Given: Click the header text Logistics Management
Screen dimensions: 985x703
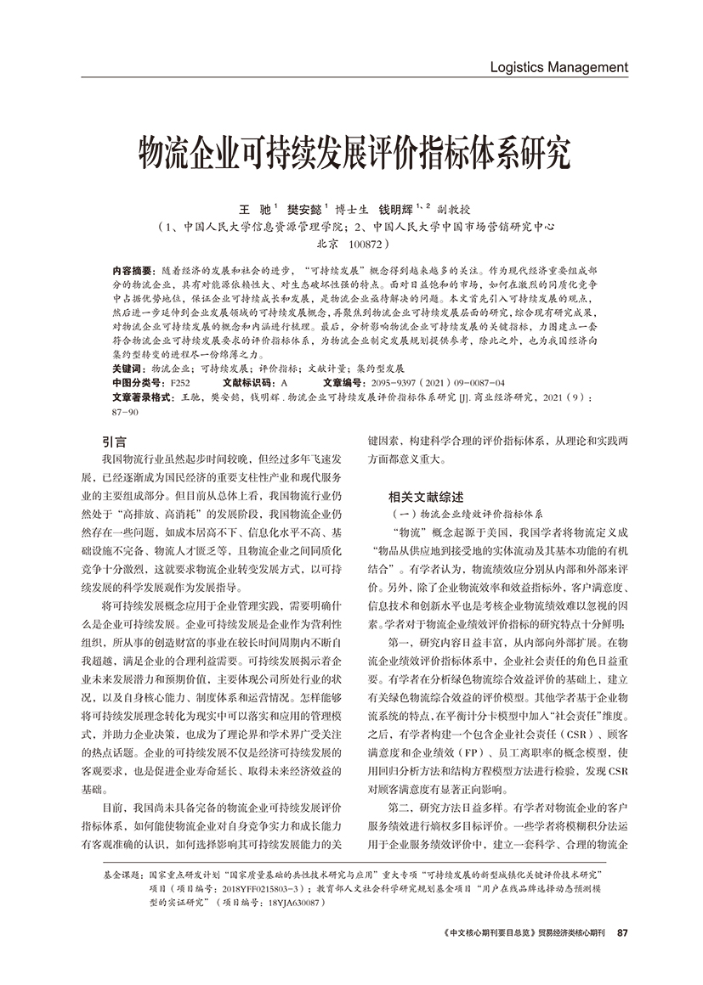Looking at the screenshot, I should pos(560,67).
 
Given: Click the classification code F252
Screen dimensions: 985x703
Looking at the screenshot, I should pos(180,383).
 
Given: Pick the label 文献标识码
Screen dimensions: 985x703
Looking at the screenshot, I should pos(249,383).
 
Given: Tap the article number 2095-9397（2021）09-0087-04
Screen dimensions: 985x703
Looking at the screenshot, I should pos(433,383).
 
